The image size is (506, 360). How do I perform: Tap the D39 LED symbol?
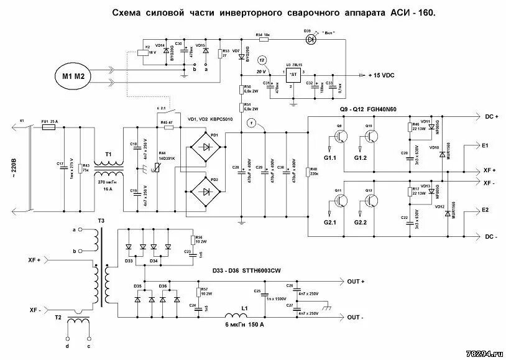point(309,38)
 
